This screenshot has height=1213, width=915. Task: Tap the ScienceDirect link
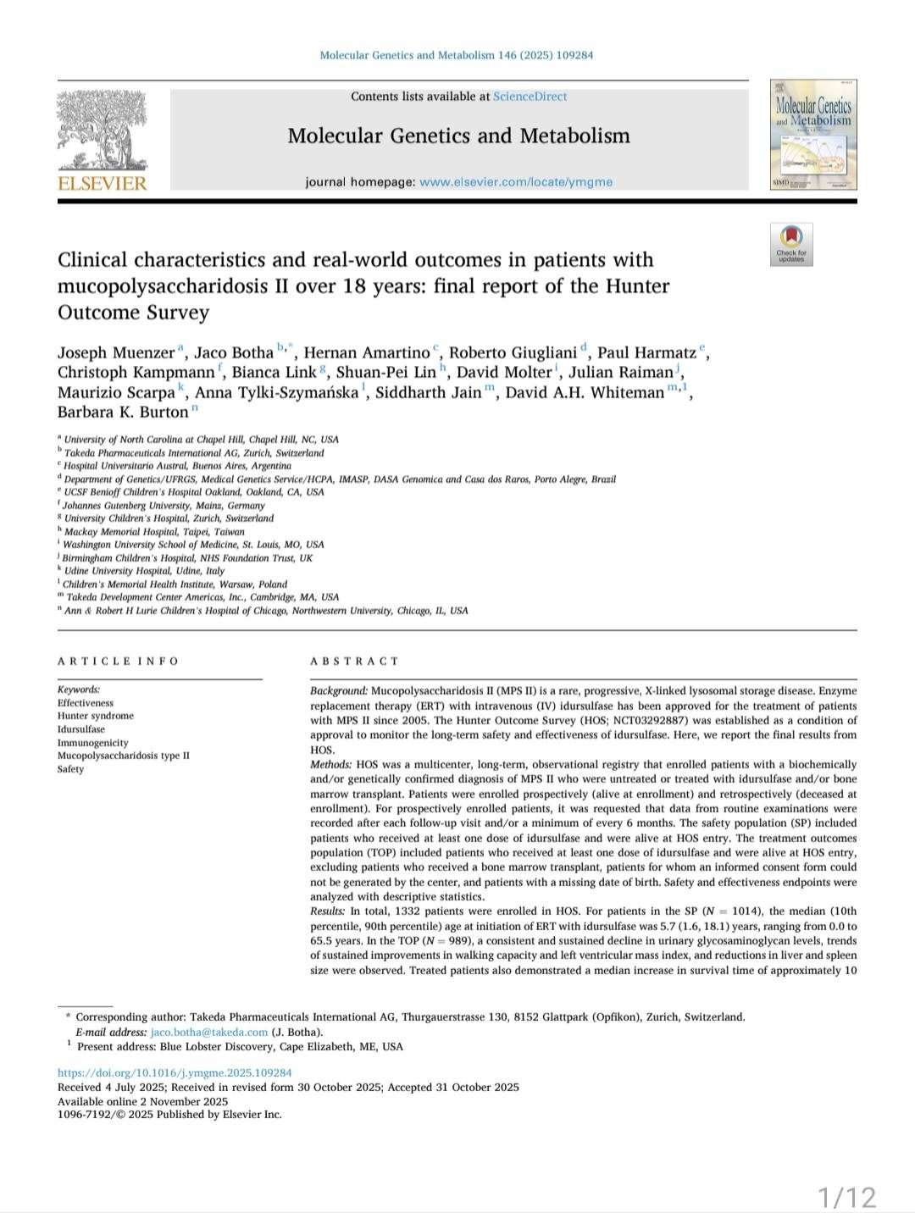pos(530,97)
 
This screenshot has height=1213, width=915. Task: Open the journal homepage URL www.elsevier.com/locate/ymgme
pos(515,182)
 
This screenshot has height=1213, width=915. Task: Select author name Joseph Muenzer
pos(116,353)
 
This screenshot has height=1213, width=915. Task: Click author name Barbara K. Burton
pos(123,413)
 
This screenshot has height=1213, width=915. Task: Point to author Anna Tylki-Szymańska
pos(276,393)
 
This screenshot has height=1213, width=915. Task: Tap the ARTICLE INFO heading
pos(118,662)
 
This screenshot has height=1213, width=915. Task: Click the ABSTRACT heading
pos(354,662)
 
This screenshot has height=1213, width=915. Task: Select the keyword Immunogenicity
pos(93,743)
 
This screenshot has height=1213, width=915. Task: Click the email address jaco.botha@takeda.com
pos(209,1033)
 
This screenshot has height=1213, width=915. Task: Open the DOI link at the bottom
pos(175,1072)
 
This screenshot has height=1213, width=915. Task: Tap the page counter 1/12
pos(846,1198)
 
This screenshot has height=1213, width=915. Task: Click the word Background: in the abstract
pos(339,691)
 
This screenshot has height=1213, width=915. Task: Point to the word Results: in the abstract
pos(328,911)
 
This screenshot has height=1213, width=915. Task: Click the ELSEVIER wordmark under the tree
pos(102,184)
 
